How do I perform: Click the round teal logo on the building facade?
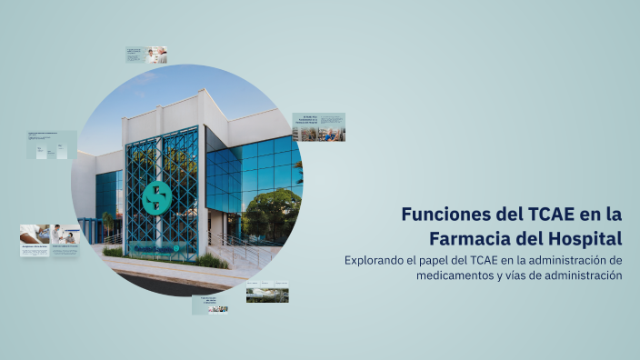click(157, 197)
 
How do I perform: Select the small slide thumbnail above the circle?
click(146, 55)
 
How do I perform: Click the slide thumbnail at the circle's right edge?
click(318, 127)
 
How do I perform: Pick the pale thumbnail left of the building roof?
click(52, 145)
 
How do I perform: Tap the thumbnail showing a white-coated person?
click(49, 240)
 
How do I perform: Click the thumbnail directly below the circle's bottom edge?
click(209, 304)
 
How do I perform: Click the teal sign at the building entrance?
click(155, 248)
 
